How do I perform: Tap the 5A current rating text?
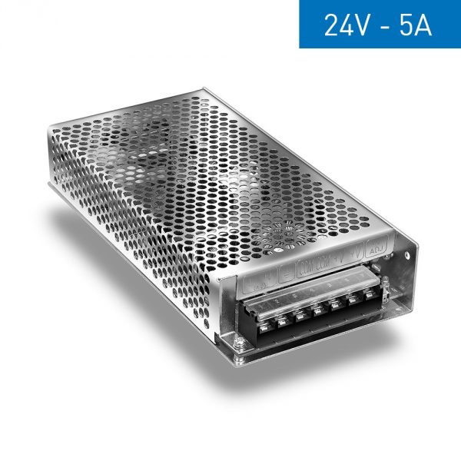click(x=413, y=25)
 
